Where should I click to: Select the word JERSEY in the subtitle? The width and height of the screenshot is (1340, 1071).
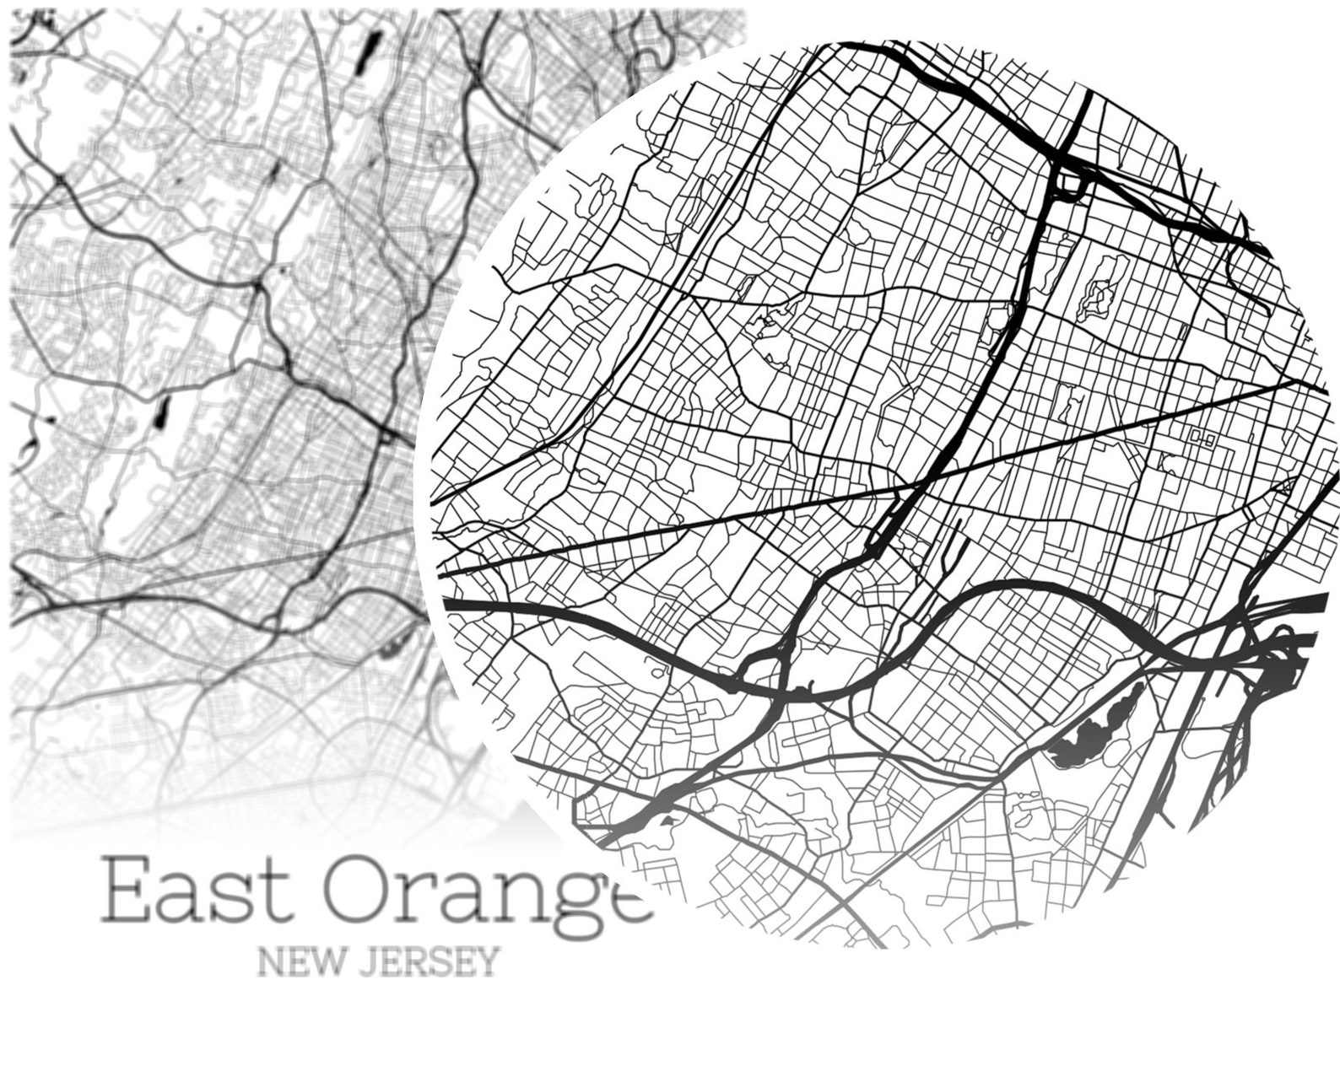tap(427, 961)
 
